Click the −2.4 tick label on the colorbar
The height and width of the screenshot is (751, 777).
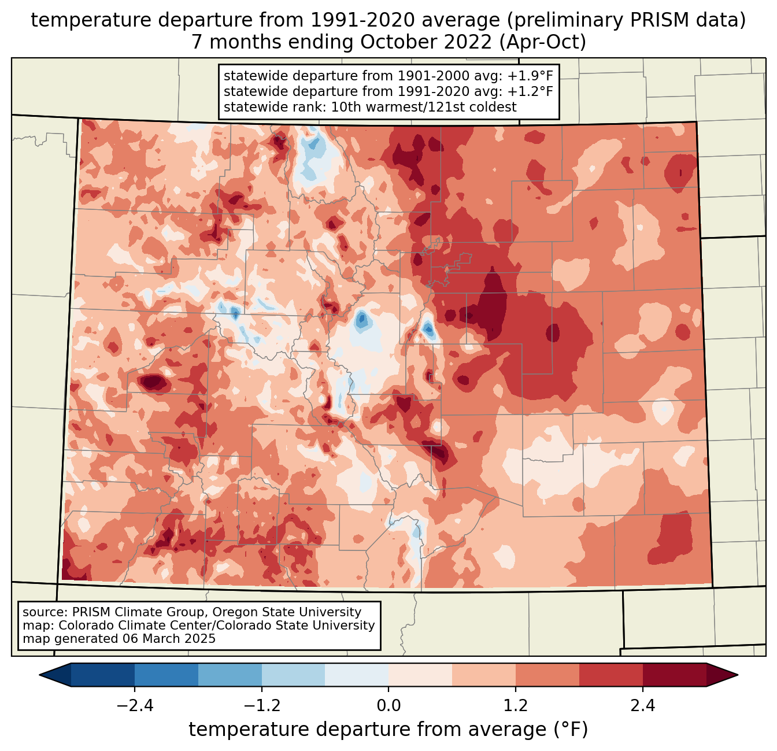coord(135,706)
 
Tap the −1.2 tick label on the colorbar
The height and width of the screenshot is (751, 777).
coord(261,706)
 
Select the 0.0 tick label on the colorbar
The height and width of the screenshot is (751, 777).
coord(388,706)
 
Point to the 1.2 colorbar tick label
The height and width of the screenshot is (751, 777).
coord(516,706)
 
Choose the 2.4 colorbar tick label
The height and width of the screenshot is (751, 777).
coord(643,706)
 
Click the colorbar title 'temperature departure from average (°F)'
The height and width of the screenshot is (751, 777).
coord(388,730)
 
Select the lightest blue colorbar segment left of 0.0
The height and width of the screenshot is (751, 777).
coord(357,675)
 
